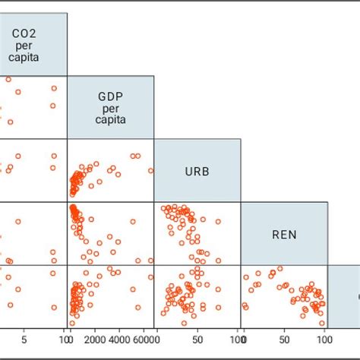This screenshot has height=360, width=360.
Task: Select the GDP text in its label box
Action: click(111, 96)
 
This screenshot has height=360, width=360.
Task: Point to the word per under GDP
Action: click(111, 108)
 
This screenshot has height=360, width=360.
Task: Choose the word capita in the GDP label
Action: click(111, 119)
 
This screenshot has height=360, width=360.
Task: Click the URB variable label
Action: click(197, 171)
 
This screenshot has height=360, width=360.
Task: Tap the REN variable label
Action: click(284, 234)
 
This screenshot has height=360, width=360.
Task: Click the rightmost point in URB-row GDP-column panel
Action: click(150, 171)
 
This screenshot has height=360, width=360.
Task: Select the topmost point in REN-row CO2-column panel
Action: click(18, 222)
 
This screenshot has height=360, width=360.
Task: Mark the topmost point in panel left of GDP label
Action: click(8, 80)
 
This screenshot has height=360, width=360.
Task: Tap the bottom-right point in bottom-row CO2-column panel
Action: click(54, 308)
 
